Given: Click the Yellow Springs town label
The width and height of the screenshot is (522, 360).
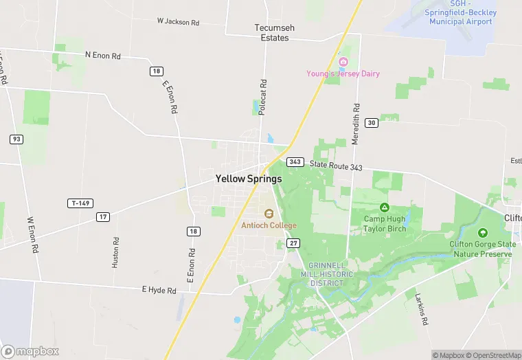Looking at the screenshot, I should click(x=248, y=179).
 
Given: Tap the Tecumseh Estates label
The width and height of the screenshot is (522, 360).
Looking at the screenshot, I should click(x=274, y=33).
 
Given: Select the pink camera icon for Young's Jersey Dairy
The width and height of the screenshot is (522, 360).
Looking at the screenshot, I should click(x=343, y=62).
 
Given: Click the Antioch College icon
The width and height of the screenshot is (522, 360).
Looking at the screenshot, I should click(x=269, y=213).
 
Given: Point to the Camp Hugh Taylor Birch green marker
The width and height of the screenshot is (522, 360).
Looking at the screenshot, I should click(x=385, y=207).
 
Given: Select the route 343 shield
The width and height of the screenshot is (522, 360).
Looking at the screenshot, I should click(x=295, y=162).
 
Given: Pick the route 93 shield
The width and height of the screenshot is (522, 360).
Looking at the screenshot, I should click(x=16, y=139).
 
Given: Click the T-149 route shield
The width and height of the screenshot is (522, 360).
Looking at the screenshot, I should click(x=80, y=203).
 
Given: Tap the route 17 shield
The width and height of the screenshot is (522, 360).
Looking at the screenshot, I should click(x=103, y=217).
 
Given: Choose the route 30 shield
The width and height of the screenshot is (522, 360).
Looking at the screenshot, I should click(x=372, y=122).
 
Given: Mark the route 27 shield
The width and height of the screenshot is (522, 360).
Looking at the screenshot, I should click(x=294, y=243).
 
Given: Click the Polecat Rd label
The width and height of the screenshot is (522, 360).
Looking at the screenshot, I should click(x=263, y=95).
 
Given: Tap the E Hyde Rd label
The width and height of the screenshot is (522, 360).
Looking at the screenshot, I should click(x=159, y=291).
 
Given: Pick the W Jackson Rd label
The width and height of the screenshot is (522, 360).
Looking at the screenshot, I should click(x=178, y=22).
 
